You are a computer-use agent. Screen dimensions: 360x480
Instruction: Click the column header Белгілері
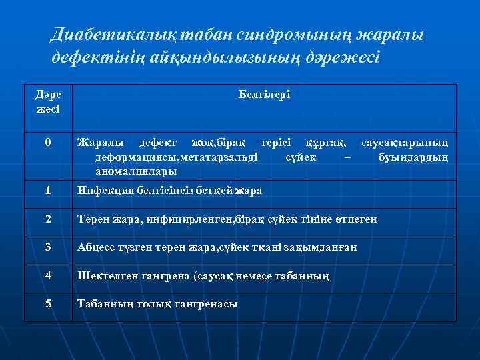pyautogui.click(x=263, y=95)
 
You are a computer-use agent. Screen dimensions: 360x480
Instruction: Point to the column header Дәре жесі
pyautogui.click(x=47, y=101)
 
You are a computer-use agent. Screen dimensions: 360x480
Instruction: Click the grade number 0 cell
pyautogui.click(x=47, y=142)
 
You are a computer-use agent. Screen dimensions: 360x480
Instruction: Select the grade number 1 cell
pyautogui.click(x=47, y=190)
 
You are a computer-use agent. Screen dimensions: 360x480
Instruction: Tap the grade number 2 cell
pyautogui.click(x=47, y=219)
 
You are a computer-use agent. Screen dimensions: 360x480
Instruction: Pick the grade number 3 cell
pyautogui.click(x=47, y=247)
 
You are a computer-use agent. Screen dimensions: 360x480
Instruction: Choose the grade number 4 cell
pyautogui.click(x=47, y=275)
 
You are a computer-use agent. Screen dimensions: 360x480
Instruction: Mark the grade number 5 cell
pyautogui.click(x=47, y=303)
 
